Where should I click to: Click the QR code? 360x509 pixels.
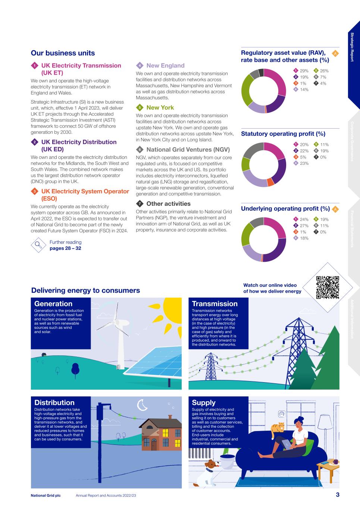point(328,288)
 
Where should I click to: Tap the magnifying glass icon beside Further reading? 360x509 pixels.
point(38,245)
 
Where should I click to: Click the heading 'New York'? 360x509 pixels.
point(160,107)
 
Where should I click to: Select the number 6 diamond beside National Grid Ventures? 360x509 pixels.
point(140,150)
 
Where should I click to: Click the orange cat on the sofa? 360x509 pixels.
point(278,430)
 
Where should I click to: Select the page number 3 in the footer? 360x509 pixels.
point(337,495)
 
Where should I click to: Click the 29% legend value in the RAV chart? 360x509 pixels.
point(304,71)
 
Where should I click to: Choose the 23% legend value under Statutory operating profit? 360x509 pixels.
point(304,163)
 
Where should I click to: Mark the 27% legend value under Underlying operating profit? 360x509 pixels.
point(304,226)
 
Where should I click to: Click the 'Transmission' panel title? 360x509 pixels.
point(215,304)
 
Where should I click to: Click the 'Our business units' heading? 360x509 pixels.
point(63,53)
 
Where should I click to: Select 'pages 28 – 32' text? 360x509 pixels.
point(65,248)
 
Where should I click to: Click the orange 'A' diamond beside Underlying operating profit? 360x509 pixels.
point(335,209)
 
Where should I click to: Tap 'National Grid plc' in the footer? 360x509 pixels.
point(46,496)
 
